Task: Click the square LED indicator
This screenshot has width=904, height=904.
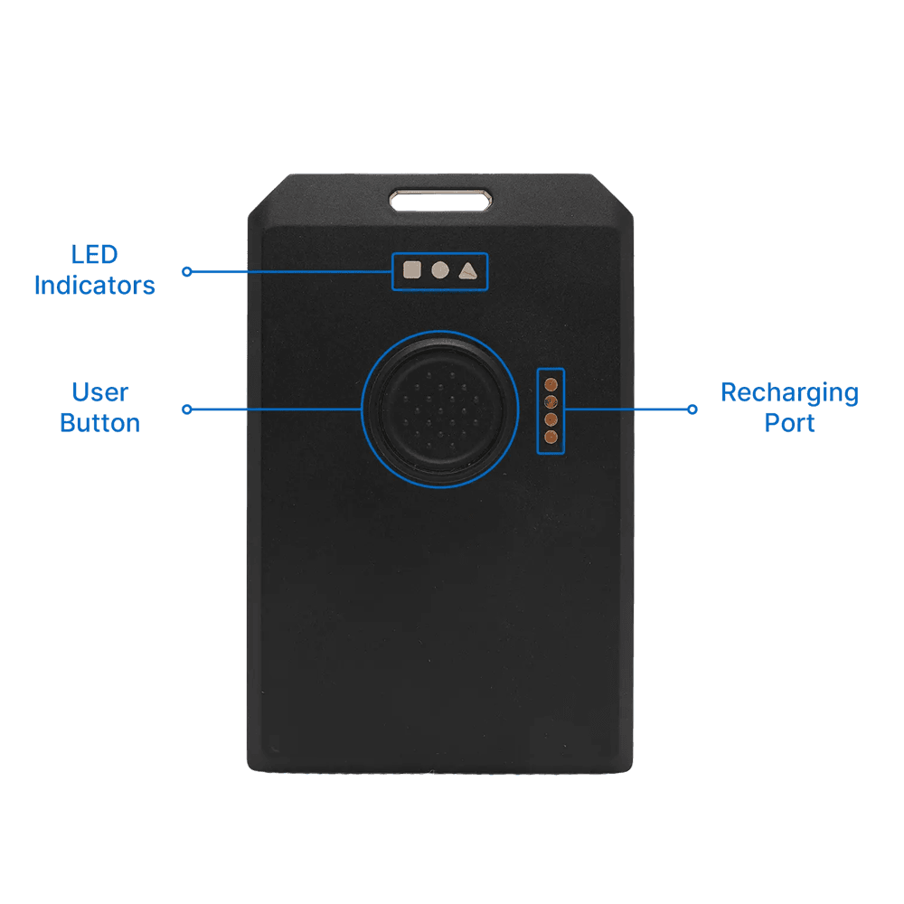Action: (412, 269)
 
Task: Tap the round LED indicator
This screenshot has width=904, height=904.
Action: (439, 269)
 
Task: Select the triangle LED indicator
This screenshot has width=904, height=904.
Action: (466, 269)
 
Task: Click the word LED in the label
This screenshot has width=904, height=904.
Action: (95, 255)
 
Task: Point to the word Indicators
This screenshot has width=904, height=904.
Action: (95, 286)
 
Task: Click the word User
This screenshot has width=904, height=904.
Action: (99, 392)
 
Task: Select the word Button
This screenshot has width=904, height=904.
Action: (99, 423)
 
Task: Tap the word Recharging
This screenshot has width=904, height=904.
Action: (789, 392)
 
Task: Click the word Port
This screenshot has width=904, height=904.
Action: (789, 423)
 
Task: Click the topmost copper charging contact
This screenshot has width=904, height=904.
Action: (551, 384)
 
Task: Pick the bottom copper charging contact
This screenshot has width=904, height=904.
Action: (551, 438)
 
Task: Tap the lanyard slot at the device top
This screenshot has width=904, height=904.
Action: (441, 199)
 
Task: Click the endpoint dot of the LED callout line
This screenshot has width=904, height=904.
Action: (187, 271)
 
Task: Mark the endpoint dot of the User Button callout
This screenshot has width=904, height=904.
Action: (187, 410)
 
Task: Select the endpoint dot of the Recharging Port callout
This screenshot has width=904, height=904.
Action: (692, 410)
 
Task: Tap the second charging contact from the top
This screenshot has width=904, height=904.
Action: (551, 402)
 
